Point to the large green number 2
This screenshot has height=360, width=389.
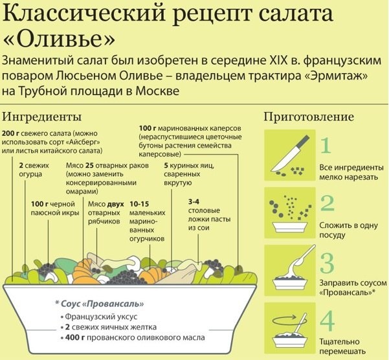point(328,203)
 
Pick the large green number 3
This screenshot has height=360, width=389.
point(328,263)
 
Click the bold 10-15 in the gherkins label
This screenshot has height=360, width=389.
point(140,203)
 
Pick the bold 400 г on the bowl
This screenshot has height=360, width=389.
point(76,337)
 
